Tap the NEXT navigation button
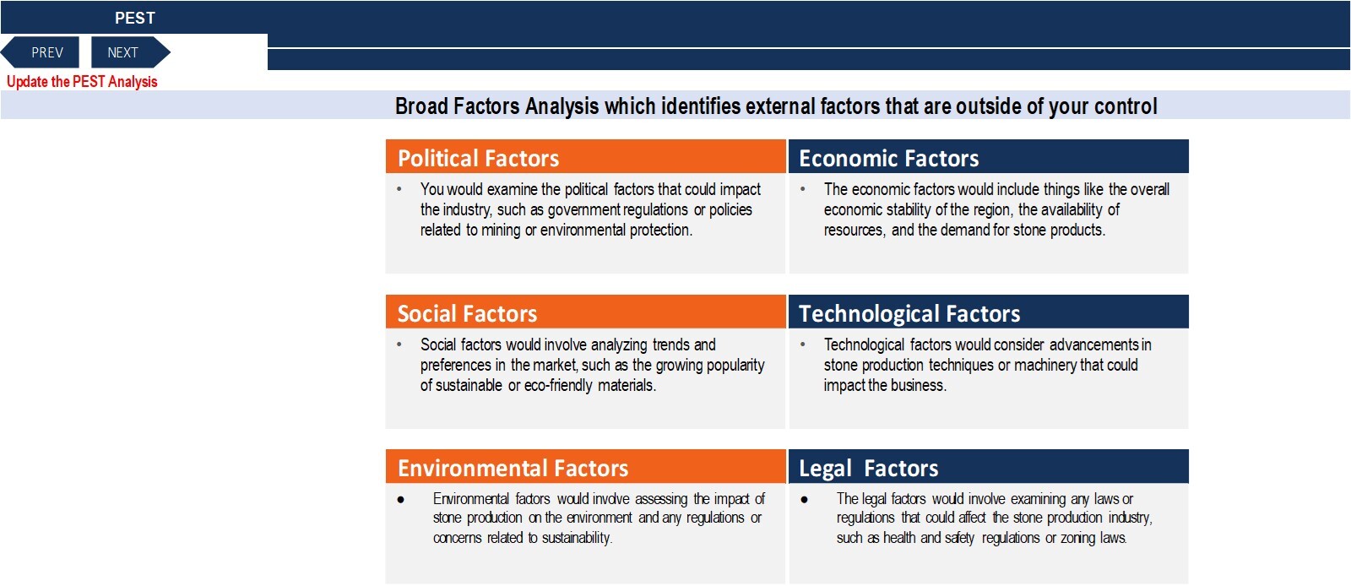tap(130, 52)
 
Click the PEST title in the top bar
tap(135, 18)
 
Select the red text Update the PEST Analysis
tap(82, 81)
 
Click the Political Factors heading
tap(478, 158)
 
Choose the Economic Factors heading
tap(888, 158)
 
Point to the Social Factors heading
tap(467, 313)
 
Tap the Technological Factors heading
tap(909, 313)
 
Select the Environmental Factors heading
tap(513, 469)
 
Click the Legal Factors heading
tap(869, 469)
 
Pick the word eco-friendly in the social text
tap(558, 385)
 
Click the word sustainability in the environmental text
tap(577, 538)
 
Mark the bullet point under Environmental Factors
tap(400, 500)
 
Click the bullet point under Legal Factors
tap(804, 500)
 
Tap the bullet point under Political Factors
tap(399, 189)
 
